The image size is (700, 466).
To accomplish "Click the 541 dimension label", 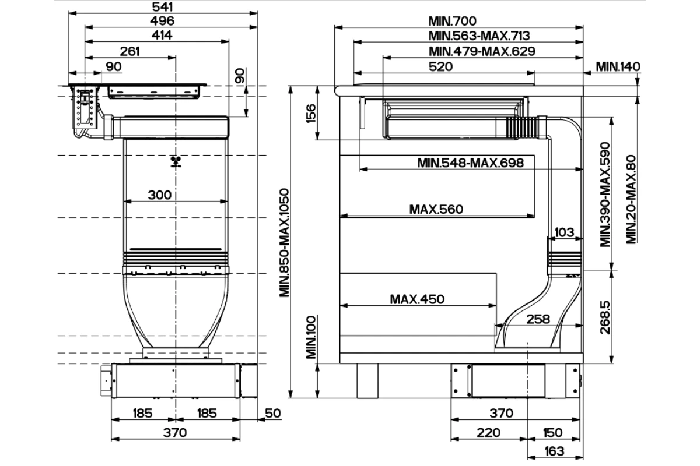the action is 162,6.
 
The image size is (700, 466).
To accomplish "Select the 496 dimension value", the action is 162,21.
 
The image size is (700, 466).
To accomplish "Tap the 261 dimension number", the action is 129,51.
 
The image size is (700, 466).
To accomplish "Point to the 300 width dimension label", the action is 159,195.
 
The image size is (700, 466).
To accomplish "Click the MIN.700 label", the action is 452,21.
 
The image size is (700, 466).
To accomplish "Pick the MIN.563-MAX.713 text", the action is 479,36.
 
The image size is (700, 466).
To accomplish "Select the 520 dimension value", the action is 440,66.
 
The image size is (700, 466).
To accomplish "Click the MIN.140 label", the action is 618,66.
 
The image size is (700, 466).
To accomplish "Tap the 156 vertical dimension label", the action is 311,114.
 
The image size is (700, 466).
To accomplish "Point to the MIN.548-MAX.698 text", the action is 470,163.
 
